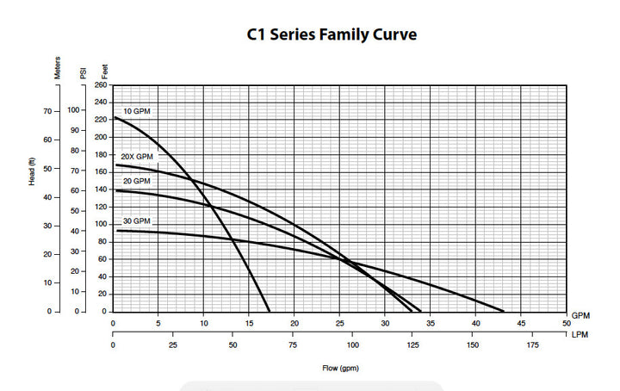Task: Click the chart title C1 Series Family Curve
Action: (332, 34)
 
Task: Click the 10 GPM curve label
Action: (137, 111)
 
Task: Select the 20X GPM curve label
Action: (137, 157)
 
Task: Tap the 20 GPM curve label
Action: (137, 181)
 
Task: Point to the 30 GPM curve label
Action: (137, 221)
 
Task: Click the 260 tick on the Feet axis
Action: (101, 85)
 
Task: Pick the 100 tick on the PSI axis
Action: (73, 110)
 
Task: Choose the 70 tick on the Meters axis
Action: (48, 111)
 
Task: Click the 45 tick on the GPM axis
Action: (521, 324)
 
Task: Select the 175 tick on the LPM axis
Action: (533, 345)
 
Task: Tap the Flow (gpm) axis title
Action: (340, 369)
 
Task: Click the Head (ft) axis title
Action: (32, 171)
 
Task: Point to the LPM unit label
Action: (580, 335)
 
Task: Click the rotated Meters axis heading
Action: (58, 67)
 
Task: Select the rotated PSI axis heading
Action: (83, 73)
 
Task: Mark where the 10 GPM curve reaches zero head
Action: (270, 312)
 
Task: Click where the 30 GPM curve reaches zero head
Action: (504, 312)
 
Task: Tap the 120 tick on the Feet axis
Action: (101, 207)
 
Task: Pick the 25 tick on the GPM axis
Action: (340, 324)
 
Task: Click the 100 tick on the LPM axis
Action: (353, 345)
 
